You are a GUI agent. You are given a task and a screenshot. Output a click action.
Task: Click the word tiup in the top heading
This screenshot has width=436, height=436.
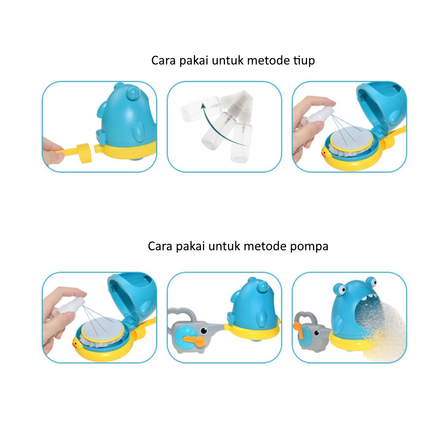(x=304, y=60)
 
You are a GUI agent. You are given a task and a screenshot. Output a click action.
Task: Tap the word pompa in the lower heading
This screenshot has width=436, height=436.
(x=309, y=247)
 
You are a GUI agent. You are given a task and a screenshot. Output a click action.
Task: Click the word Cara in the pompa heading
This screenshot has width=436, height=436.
(x=160, y=246)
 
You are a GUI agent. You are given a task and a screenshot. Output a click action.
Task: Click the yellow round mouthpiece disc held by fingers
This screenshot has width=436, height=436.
(x=84, y=153)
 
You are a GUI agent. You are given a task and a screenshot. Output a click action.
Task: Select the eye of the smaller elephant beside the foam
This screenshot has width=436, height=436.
(x=316, y=333)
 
